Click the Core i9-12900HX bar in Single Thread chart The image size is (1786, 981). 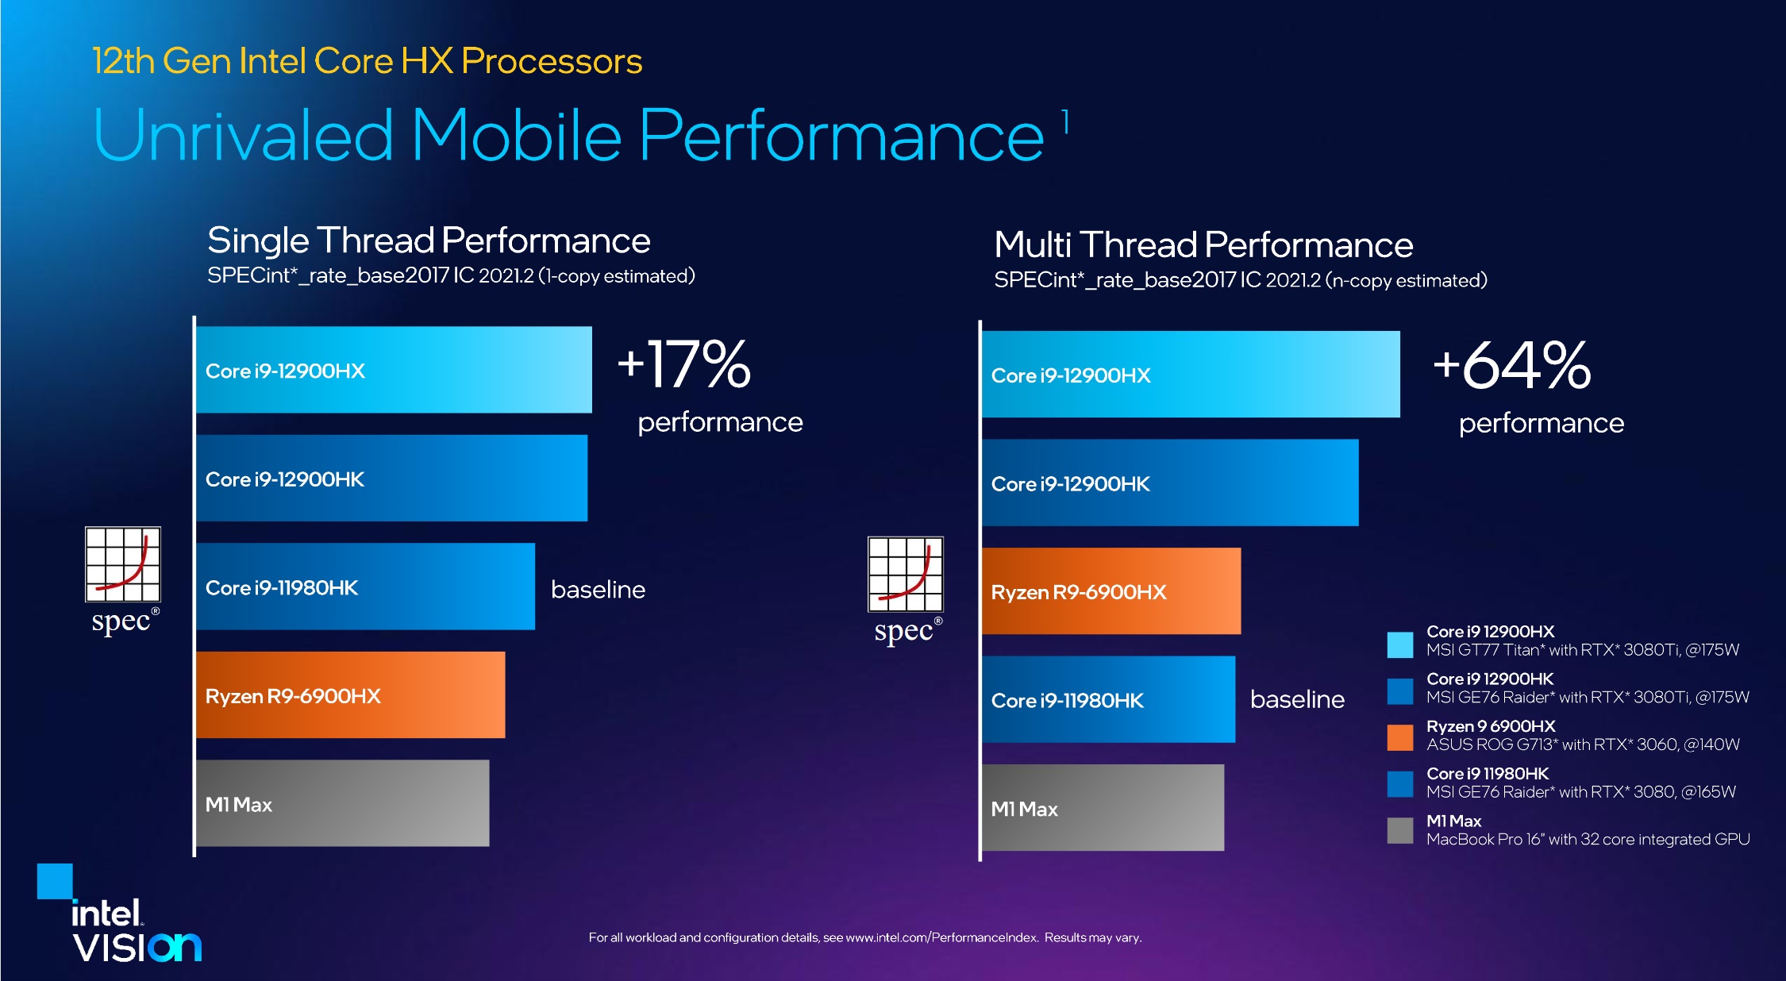393,370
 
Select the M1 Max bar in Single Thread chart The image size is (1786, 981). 342,803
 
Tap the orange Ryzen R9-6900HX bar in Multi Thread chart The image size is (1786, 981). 1110,591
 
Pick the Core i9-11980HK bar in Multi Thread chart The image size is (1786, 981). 1108,699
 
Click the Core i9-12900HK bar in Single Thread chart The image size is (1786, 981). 391,478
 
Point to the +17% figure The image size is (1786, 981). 684,364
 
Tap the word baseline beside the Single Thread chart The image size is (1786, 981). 598,590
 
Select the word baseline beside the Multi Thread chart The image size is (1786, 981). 1297,699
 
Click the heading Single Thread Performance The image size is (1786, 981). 429,240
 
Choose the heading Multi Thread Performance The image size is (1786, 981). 1203,245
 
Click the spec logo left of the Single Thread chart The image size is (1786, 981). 123,580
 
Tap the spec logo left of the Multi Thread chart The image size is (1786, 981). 906,590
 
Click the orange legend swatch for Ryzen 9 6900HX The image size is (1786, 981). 1400,737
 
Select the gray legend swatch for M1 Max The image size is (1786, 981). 1400,831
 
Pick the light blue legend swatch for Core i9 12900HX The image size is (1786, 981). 1400,644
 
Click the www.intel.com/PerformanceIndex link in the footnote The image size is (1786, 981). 941,937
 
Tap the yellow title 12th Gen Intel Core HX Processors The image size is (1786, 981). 367,61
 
